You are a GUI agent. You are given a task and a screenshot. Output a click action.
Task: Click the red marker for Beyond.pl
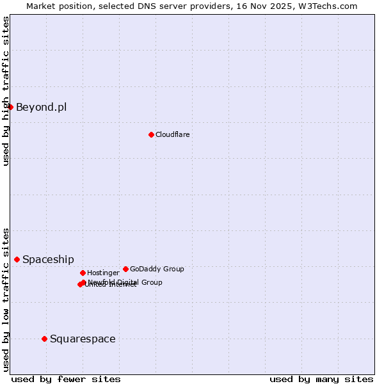click(11, 107)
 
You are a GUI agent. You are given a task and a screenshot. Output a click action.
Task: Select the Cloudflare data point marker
click(151, 134)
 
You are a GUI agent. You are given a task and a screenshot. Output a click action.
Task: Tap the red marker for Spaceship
click(17, 259)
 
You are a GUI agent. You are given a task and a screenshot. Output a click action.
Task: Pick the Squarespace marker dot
click(44, 339)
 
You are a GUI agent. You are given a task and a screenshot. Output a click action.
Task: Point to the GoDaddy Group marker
click(125, 269)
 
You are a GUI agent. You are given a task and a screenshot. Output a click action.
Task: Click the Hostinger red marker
click(83, 273)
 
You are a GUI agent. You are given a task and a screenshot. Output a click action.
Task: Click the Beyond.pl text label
click(41, 107)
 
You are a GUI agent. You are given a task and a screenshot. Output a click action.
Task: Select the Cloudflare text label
click(172, 134)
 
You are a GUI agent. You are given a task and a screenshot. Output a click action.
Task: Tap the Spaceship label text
click(48, 259)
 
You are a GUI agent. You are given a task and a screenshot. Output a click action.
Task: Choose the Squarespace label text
click(83, 339)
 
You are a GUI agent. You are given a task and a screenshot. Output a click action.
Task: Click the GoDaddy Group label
click(157, 269)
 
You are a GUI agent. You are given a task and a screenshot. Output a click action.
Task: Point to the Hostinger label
click(103, 273)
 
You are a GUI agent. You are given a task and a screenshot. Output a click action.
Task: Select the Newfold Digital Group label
click(125, 282)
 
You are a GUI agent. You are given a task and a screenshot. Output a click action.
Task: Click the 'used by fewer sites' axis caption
click(66, 379)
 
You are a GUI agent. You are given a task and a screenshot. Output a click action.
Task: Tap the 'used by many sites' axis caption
click(321, 379)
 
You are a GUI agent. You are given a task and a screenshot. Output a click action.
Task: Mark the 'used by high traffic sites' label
click(6, 91)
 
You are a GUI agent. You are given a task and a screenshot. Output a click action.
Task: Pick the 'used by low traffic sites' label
click(6, 299)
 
